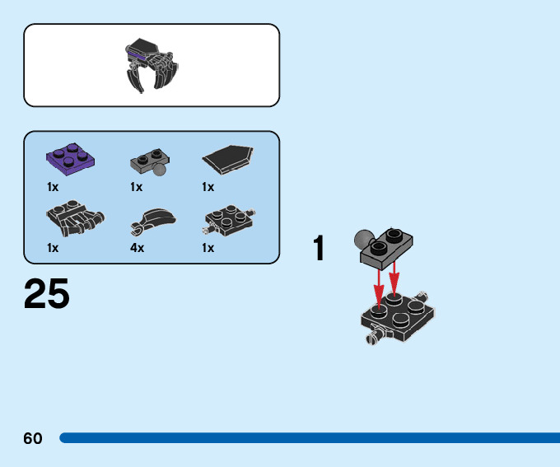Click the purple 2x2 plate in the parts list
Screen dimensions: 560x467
[72, 156]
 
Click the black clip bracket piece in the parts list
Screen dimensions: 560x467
[73, 217]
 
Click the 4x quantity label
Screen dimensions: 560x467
[137, 248]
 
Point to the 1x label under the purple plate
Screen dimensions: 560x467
[53, 187]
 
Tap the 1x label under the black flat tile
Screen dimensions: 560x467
[208, 187]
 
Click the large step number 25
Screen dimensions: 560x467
[47, 294]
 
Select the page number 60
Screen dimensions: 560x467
[33, 438]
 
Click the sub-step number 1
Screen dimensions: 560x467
[320, 249]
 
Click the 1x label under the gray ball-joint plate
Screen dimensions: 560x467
[136, 187]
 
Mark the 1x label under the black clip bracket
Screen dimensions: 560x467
[53, 248]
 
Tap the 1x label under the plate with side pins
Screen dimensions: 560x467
[208, 248]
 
